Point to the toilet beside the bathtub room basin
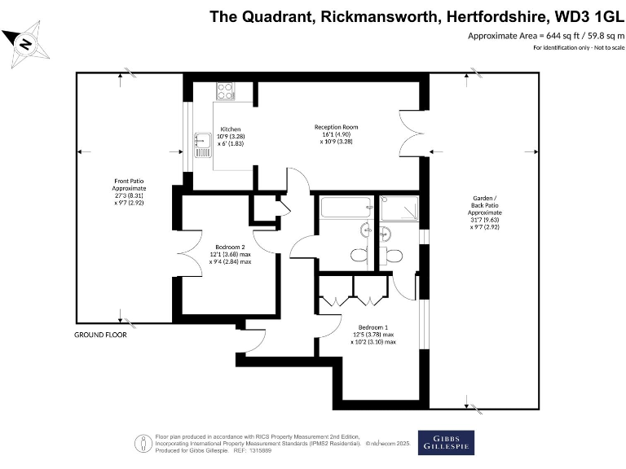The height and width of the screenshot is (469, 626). pos(359,254)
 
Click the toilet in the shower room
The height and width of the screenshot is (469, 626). pos(395,254)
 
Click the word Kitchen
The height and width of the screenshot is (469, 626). pos(231,129)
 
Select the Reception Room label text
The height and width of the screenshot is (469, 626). pos(336,127)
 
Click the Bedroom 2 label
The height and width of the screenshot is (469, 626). pos(230,246)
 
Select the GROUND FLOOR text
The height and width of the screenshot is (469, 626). pos(100,335)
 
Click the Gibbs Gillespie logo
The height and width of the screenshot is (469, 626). pos(446,442)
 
